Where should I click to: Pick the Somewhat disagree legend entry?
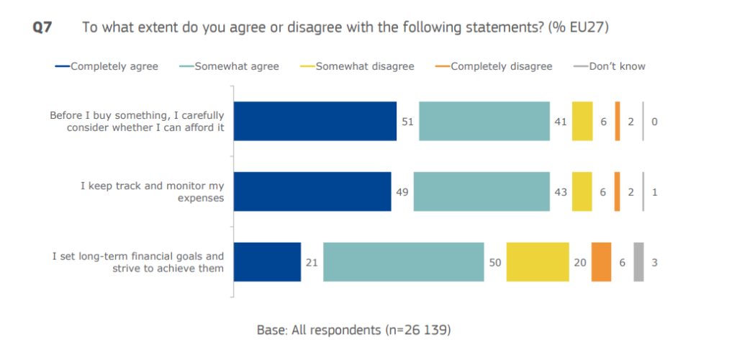[x=364, y=66]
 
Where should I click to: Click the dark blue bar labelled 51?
[x=316, y=121]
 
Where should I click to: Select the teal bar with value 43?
[x=481, y=192]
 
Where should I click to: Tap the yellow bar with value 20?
[x=538, y=262]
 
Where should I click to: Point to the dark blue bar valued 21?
[x=268, y=262]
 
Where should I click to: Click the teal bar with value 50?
[x=403, y=262]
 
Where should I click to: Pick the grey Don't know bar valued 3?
[x=638, y=262]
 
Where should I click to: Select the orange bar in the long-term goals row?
[x=601, y=262]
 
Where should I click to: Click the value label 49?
[x=402, y=192]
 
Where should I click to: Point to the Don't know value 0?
[x=654, y=122]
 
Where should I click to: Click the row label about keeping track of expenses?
[x=153, y=192]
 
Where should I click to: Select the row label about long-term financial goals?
[x=138, y=262]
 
